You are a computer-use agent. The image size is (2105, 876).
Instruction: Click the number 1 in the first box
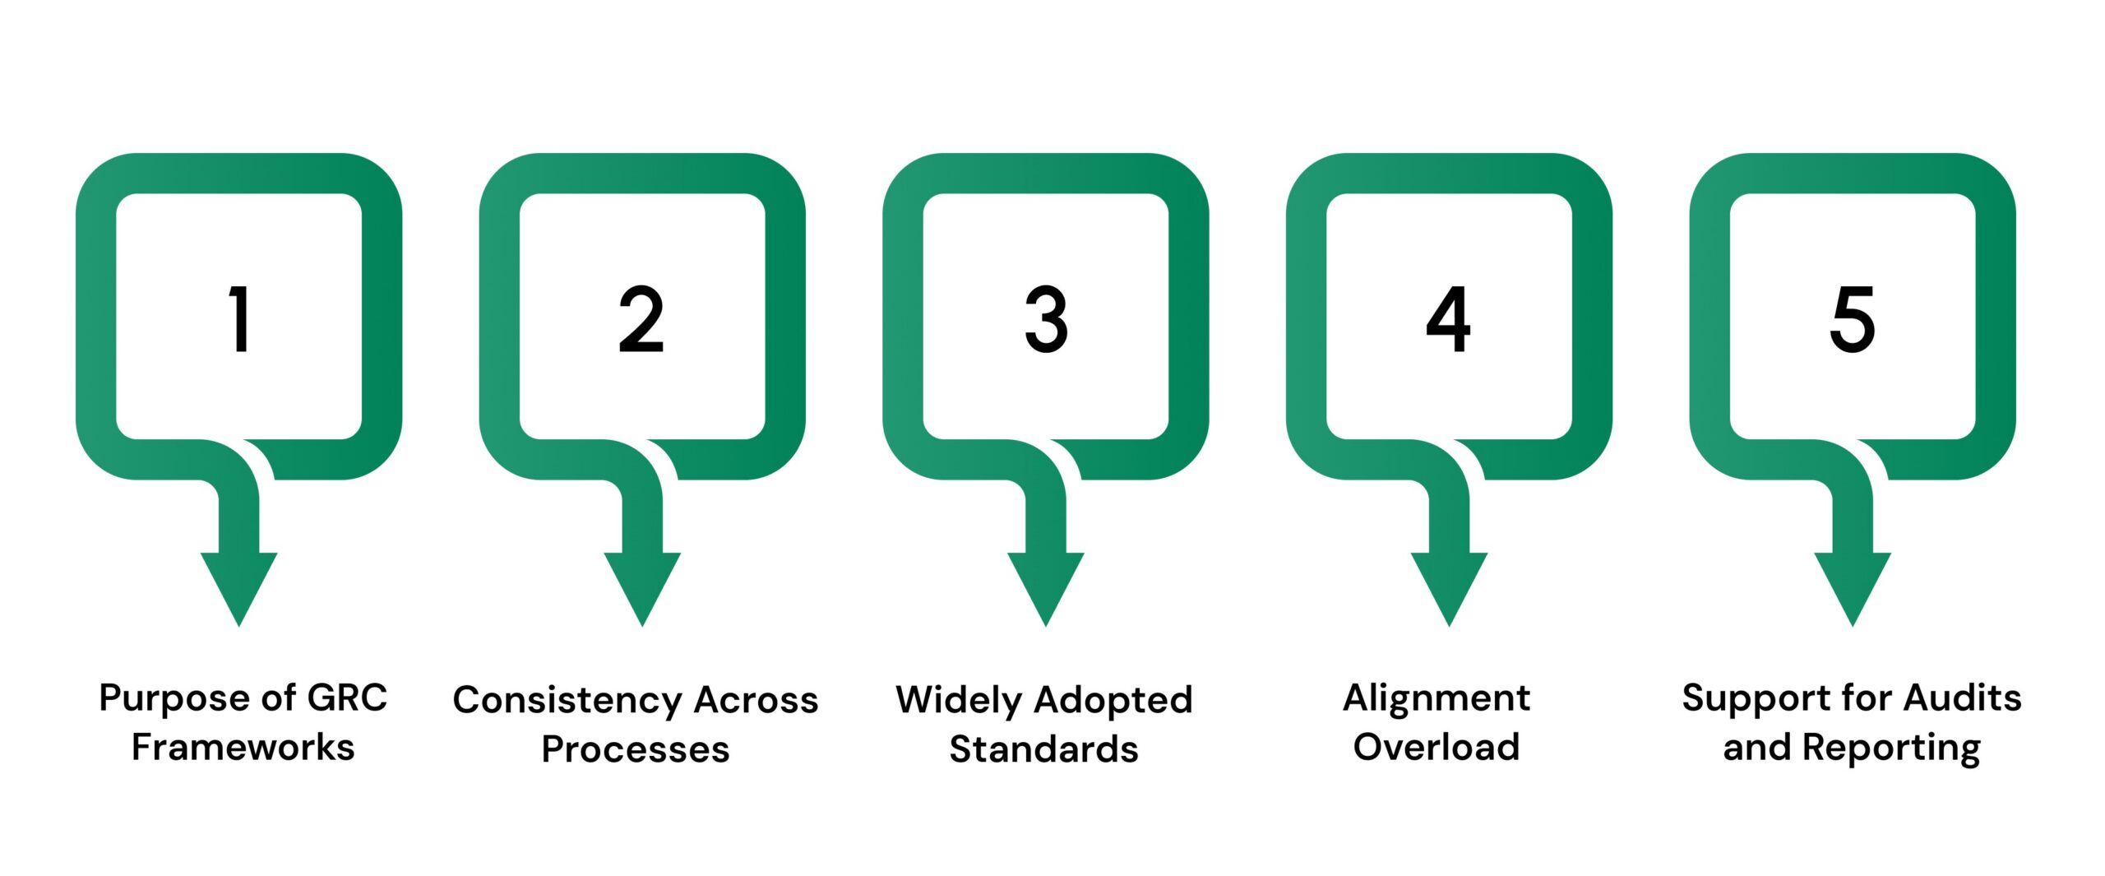pyautogui.click(x=239, y=319)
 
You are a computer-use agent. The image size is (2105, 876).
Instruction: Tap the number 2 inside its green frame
pyautogui.click(x=641, y=319)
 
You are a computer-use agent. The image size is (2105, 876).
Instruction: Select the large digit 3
pyautogui.click(x=1046, y=319)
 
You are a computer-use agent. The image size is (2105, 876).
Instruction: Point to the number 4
pyautogui.click(x=1448, y=319)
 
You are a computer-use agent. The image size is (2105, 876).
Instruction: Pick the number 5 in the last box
pyautogui.click(x=1852, y=319)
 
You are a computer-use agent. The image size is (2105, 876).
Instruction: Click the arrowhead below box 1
pyautogui.click(x=239, y=585)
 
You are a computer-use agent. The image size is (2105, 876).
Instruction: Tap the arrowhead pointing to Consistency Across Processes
pyautogui.click(x=642, y=585)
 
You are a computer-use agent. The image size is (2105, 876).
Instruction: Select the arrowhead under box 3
pyautogui.click(x=1046, y=585)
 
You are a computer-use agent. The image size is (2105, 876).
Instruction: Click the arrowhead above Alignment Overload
pyautogui.click(x=1449, y=585)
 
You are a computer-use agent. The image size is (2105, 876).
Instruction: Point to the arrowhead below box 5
pyautogui.click(x=1853, y=585)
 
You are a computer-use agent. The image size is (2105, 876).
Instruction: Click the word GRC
pyautogui.click(x=346, y=698)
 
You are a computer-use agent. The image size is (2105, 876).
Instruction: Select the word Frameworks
pyautogui.click(x=243, y=748)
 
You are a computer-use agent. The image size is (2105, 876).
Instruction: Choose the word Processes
pyautogui.click(x=636, y=749)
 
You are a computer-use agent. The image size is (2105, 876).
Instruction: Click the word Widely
pyautogui.click(x=959, y=701)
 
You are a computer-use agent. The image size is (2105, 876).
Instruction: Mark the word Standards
pyautogui.click(x=1044, y=749)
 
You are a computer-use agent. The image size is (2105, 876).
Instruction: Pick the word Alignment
pyautogui.click(x=1436, y=698)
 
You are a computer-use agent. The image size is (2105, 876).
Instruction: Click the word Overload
pyautogui.click(x=1436, y=748)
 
